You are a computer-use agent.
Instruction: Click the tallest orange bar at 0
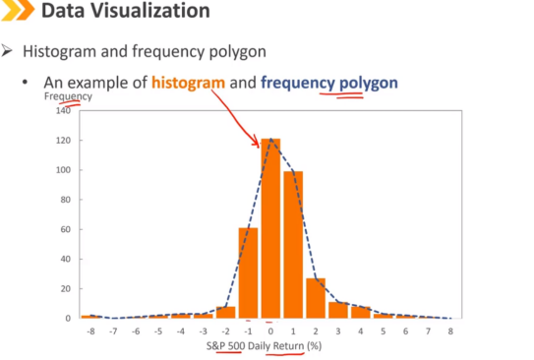pyautogui.click(x=270, y=228)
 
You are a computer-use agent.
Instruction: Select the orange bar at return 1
pyautogui.click(x=293, y=245)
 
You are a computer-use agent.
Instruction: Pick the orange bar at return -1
pyautogui.click(x=248, y=272)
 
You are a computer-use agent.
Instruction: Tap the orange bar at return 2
pyautogui.click(x=316, y=298)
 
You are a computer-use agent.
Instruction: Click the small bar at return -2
pyautogui.click(x=226, y=313)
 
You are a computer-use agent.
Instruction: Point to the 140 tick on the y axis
pyautogui.click(x=63, y=110)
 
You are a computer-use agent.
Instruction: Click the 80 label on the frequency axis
pyautogui.click(x=65, y=200)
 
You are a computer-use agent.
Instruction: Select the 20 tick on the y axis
pyautogui.click(x=65, y=289)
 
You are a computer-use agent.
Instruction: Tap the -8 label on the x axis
pyautogui.click(x=90, y=331)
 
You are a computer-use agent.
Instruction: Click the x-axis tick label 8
pyautogui.click(x=450, y=331)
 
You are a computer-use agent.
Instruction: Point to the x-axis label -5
pyautogui.click(x=158, y=331)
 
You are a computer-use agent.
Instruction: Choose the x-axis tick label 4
pyautogui.click(x=361, y=331)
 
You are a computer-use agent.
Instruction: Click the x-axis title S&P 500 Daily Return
pyautogui.click(x=255, y=346)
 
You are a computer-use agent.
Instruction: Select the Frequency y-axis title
pyautogui.click(x=68, y=96)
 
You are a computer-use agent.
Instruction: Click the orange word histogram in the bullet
pyautogui.click(x=189, y=83)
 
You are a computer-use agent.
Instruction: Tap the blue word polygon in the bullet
pyautogui.click(x=369, y=84)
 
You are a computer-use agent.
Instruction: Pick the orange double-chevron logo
pyautogui.click(x=18, y=10)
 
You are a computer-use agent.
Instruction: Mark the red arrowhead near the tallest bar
pyautogui.click(x=256, y=141)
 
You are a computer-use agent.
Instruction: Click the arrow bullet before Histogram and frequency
pyautogui.click(x=7, y=51)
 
